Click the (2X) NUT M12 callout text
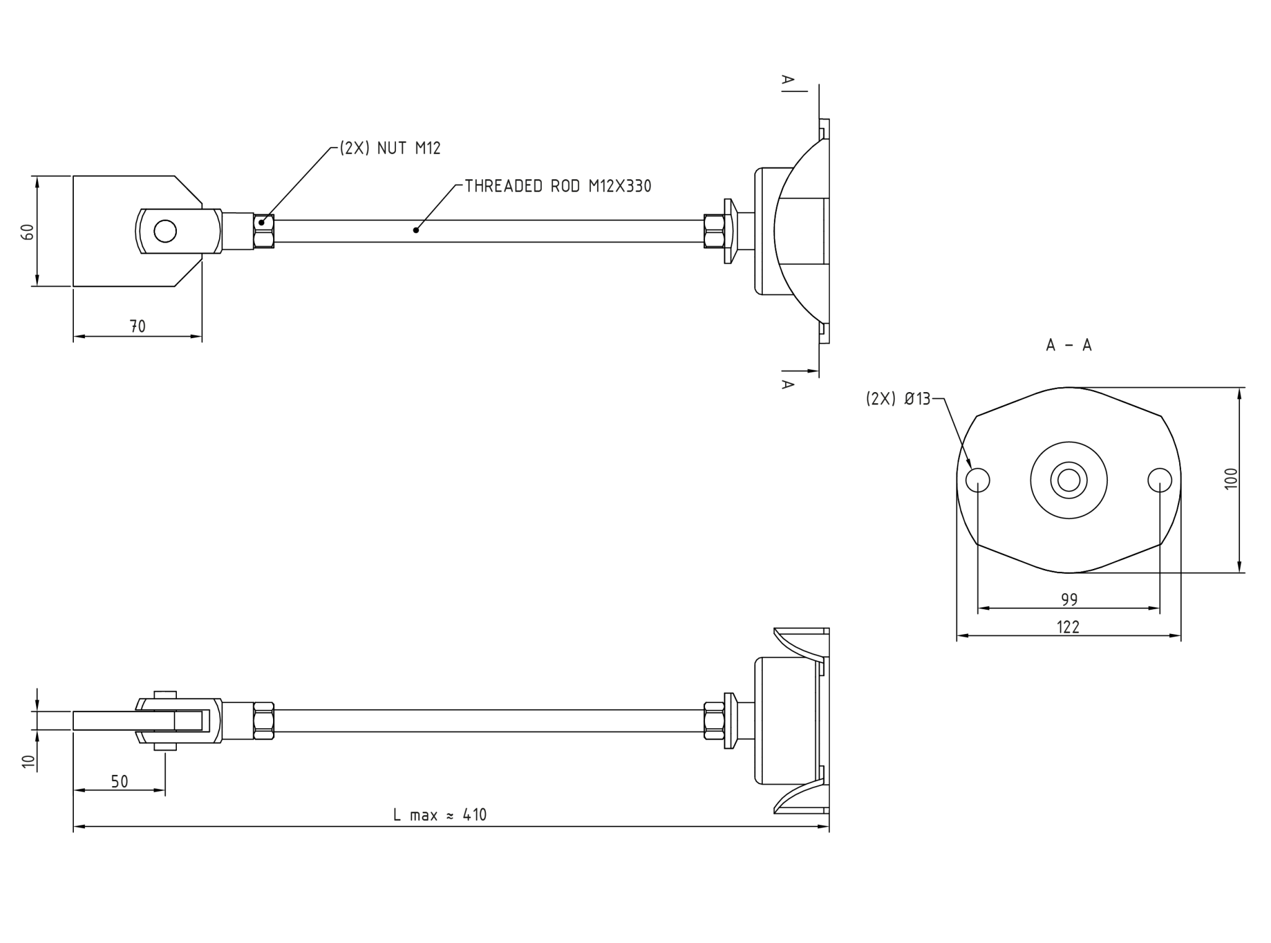click(x=390, y=148)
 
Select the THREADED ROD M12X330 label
click(x=558, y=186)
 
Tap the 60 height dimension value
click(x=28, y=231)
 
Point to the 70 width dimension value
click(x=138, y=326)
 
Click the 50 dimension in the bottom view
click(x=119, y=782)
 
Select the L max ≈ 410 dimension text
click(x=440, y=815)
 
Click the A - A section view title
click(x=1069, y=346)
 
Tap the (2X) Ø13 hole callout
click(x=898, y=400)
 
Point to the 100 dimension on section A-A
click(x=1231, y=478)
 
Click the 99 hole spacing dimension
click(x=1069, y=600)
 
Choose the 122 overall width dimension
click(x=1068, y=627)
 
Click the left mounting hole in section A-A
click(x=978, y=480)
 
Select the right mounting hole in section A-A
click(x=1159, y=480)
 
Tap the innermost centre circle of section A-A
click(x=1069, y=480)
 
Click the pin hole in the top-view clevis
click(x=165, y=231)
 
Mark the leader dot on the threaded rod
click(x=416, y=230)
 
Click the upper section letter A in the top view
click(x=787, y=79)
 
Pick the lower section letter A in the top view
click(x=787, y=384)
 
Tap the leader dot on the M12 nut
click(x=262, y=222)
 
